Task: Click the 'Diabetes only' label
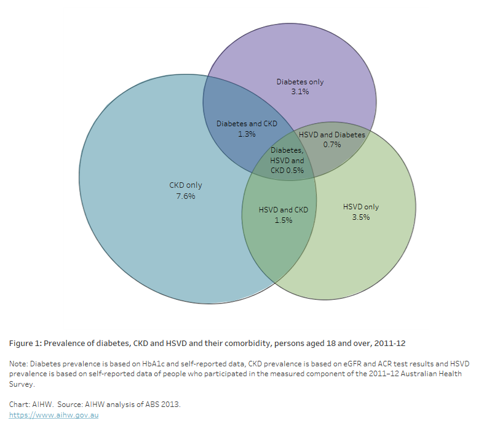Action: click(x=300, y=81)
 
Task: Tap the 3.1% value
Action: click(x=300, y=92)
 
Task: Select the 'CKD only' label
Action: click(x=185, y=185)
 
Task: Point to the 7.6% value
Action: click(x=185, y=196)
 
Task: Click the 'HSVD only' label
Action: click(x=360, y=207)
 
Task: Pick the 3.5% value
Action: click(x=360, y=217)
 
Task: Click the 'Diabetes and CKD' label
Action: click(x=247, y=123)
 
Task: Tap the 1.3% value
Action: click(x=247, y=134)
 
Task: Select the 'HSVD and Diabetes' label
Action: click(x=331, y=134)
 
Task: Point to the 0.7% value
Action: click(x=331, y=145)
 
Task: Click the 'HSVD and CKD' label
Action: click(x=284, y=209)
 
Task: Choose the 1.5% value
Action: click(x=284, y=220)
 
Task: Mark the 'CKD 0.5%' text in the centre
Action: click(x=287, y=171)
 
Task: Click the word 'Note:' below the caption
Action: click(x=18, y=364)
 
